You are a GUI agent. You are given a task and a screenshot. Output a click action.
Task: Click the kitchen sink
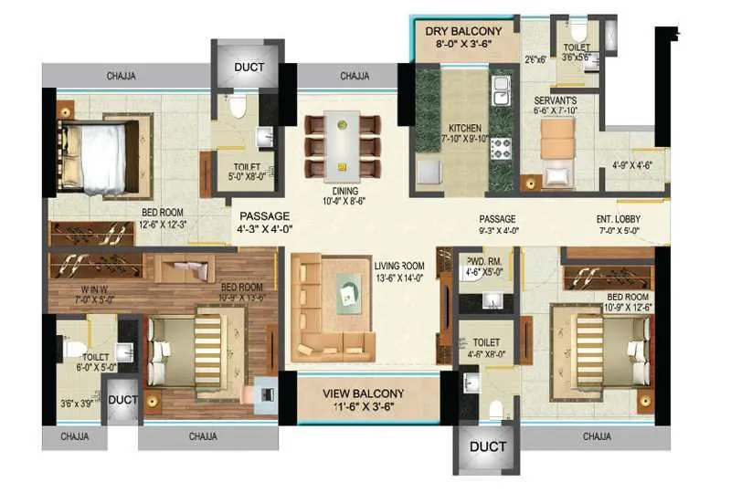501,92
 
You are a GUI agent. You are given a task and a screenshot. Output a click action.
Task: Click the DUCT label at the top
249,67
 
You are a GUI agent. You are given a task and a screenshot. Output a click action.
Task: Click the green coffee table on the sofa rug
349,292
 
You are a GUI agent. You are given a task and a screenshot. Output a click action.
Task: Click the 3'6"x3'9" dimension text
76,402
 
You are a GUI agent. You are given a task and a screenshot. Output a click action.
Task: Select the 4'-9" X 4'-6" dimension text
630,165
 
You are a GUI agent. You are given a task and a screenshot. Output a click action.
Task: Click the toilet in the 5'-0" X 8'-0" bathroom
238,110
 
